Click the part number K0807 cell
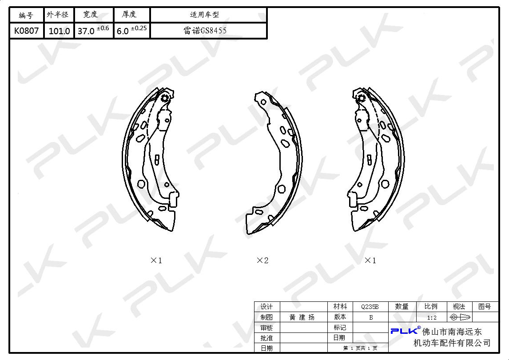(26, 31)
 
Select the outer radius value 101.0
(59, 31)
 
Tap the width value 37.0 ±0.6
(93, 30)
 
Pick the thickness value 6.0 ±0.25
(131, 30)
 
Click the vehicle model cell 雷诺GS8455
(205, 31)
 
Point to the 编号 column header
(26, 15)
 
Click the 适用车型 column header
(204, 15)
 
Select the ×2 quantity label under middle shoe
(262, 260)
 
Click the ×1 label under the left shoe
(156, 260)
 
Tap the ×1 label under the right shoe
(370, 260)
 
